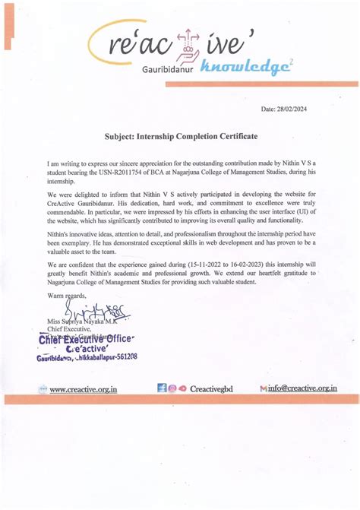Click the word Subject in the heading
click(122, 136)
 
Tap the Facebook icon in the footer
click(163, 388)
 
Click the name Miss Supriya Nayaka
click(72, 322)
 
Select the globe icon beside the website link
click(43, 389)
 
